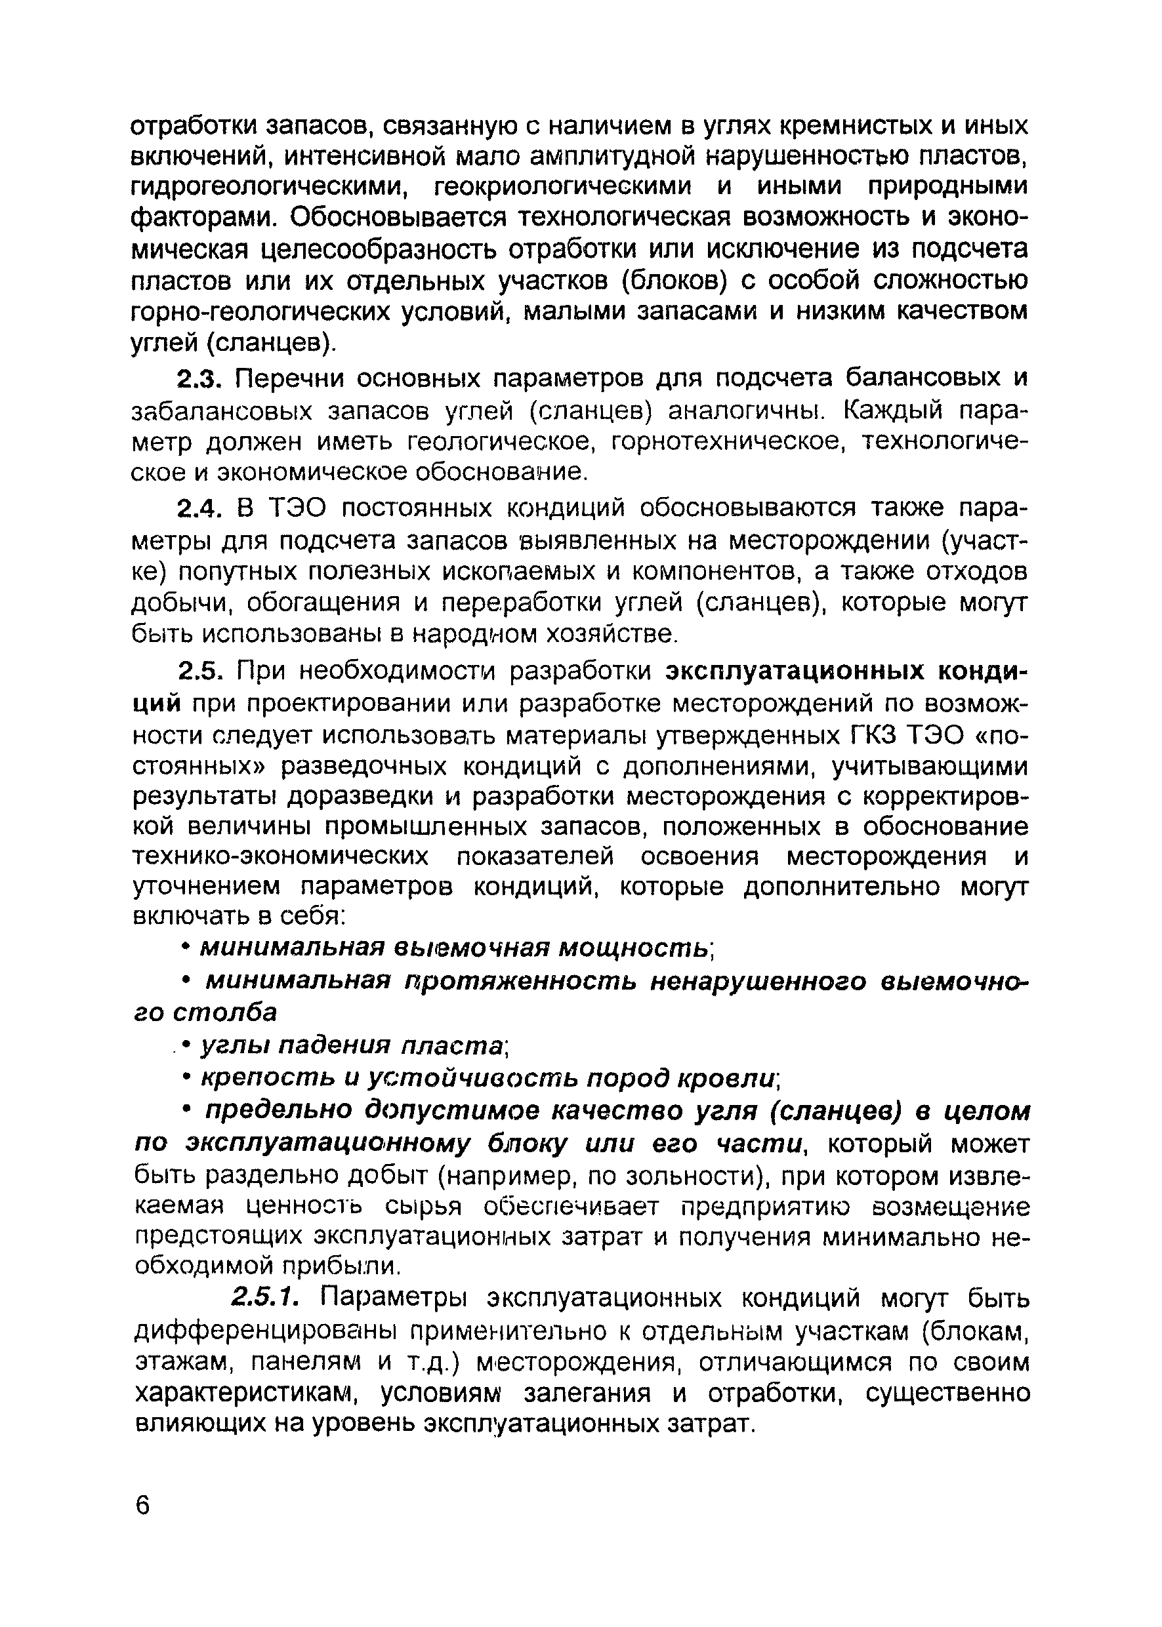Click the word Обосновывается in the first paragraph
[402, 218]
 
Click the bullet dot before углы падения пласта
[187, 1045]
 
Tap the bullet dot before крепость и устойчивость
[187, 1077]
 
